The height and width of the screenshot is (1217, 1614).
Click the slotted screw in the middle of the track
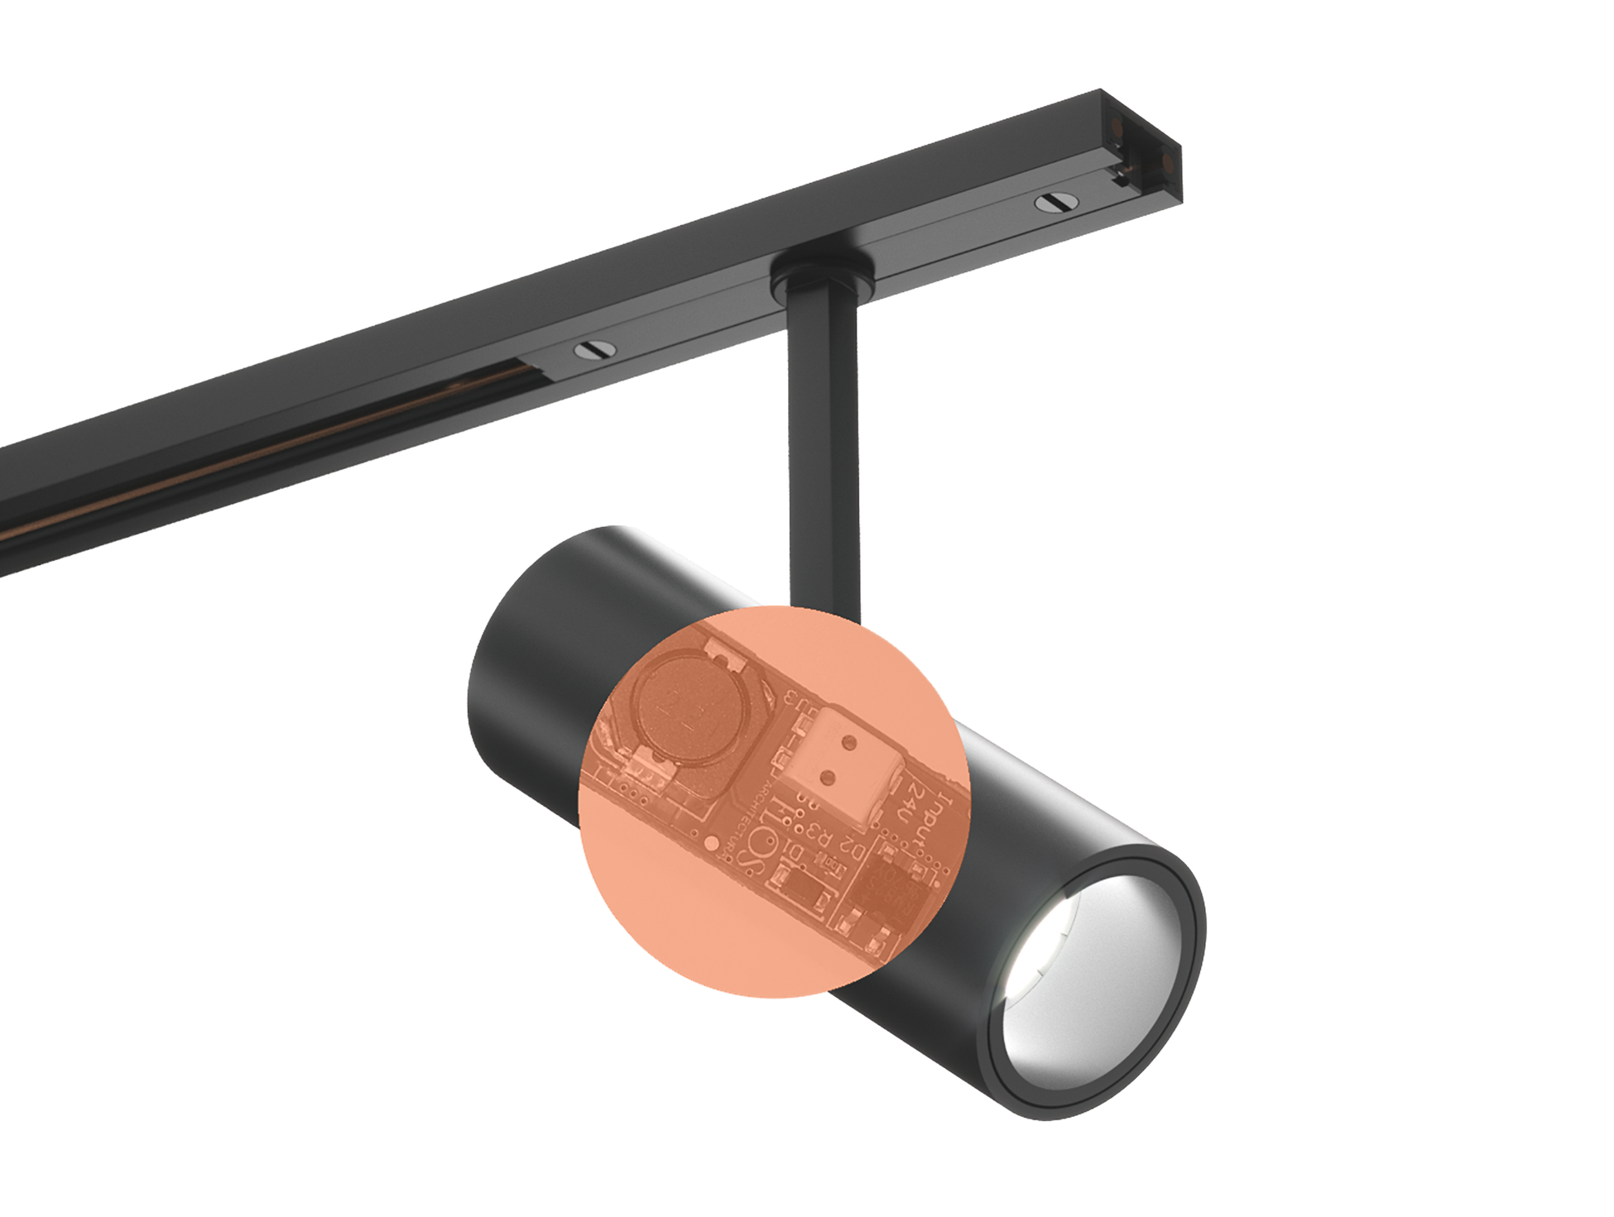595,350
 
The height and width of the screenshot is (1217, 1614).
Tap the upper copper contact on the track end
1117,127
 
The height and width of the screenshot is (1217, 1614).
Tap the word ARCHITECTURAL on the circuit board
745,819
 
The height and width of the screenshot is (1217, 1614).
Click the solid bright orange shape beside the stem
935,637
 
